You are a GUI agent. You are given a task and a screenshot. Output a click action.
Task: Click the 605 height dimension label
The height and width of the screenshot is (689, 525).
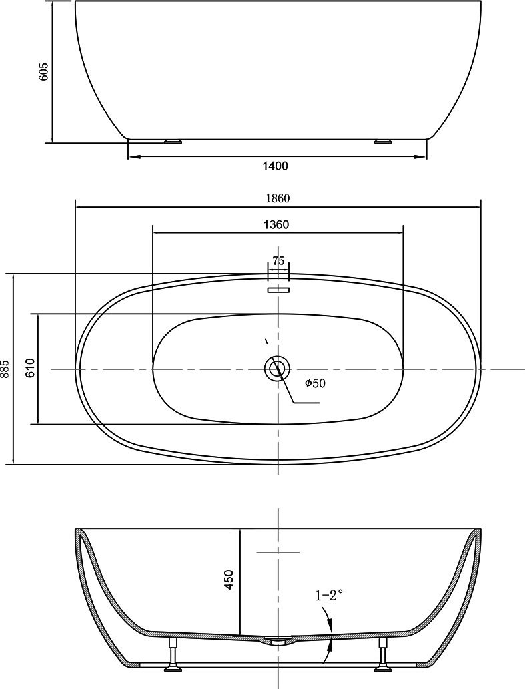(44, 71)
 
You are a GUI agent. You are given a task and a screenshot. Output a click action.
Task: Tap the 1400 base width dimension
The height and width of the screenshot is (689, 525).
(275, 166)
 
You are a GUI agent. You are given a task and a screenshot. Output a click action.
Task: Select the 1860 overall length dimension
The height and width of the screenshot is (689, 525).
(278, 198)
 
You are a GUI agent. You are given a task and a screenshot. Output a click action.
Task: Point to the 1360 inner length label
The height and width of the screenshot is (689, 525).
(276, 224)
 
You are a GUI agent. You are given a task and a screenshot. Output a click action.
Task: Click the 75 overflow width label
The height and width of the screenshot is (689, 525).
(278, 261)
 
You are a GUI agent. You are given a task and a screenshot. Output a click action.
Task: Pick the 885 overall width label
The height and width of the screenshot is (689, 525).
(5, 369)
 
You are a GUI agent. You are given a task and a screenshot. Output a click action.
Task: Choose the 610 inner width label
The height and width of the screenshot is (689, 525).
(30, 368)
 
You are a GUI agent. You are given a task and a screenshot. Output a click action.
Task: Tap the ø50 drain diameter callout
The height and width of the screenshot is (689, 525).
(315, 383)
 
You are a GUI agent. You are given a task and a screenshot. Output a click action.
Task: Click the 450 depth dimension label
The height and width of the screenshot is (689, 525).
(229, 580)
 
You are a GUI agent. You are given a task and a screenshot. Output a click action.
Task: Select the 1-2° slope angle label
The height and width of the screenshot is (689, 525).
(328, 596)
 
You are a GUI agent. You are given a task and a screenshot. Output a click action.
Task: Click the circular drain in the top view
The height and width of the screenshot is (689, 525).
(278, 369)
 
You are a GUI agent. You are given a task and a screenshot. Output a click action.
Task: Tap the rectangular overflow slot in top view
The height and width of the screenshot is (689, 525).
(278, 290)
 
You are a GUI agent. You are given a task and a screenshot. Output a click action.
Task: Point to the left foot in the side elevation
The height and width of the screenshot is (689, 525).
(173, 141)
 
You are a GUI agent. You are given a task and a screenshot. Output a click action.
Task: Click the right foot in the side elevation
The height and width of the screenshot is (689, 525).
(382, 141)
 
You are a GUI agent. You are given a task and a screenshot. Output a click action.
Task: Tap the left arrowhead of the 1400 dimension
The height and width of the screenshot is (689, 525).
(134, 156)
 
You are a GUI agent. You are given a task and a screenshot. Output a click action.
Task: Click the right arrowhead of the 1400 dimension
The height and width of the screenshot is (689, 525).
(420, 156)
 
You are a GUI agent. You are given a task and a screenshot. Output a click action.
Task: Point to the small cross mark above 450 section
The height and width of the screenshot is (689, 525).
(278, 552)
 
